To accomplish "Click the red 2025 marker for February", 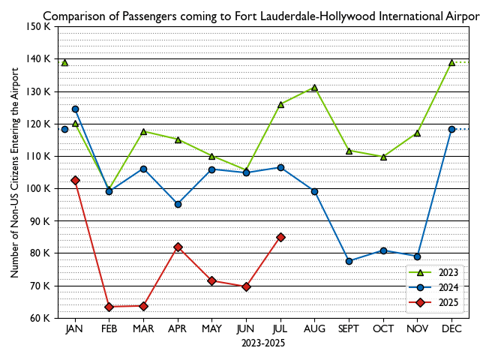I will pos(109,307).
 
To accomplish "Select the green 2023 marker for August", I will pos(314,88).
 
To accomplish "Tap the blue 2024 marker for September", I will pos(349,261).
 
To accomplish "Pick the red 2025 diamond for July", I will pos(280,237).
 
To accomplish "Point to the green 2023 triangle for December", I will pos(451,62).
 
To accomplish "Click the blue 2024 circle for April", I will pos(178,204).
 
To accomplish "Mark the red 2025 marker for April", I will pos(178,247).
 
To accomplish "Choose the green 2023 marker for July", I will pos(280,104).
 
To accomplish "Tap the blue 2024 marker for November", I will pos(417,256).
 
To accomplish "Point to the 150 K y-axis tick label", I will pos(37,27).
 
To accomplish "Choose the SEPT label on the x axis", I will pos(349,329).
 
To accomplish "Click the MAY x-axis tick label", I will pos(212,329).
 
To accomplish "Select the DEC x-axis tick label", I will pos(451,329).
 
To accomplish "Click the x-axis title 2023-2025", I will pos(263,343).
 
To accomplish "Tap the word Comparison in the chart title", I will pos(73,15).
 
